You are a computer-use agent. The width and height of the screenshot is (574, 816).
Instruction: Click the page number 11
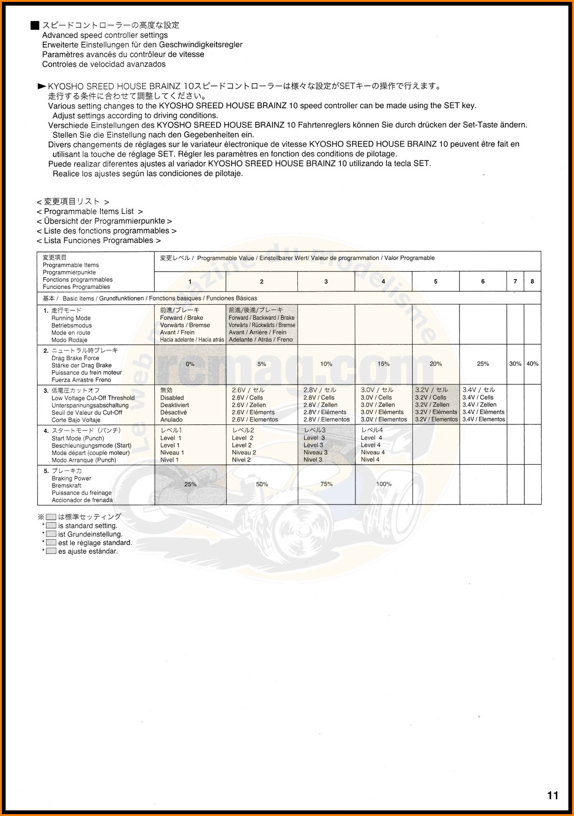(x=552, y=795)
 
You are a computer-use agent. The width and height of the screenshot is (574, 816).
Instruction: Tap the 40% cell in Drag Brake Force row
(x=532, y=364)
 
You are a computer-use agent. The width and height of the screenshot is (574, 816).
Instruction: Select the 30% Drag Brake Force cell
(x=515, y=364)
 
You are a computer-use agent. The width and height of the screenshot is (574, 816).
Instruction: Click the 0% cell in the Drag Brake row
(x=190, y=364)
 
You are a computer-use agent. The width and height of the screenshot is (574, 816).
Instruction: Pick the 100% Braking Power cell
(x=384, y=484)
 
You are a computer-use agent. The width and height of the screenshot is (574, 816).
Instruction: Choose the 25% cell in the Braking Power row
(x=190, y=484)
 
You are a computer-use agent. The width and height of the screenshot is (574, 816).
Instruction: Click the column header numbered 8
(x=532, y=281)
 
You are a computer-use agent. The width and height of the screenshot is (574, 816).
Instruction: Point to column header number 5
(x=436, y=281)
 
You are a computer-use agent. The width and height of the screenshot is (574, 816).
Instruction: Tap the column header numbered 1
(x=190, y=281)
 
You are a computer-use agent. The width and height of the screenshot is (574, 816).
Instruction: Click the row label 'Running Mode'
(x=71, y=318)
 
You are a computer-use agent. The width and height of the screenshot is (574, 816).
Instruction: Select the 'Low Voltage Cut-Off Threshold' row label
(x=93, y=398)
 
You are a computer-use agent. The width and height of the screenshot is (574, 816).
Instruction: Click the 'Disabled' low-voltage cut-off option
(x=172, y=398)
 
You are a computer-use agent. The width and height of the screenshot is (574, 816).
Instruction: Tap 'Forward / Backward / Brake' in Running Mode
(x=262, y=317)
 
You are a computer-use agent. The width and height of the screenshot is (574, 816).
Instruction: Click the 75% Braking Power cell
(x=326, y=484)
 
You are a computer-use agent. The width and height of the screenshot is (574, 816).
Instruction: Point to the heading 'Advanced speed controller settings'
(x=105, y=35)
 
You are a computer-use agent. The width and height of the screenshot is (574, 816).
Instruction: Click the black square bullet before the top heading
(x=35, y=25)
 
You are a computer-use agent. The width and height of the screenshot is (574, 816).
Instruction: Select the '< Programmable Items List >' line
(x=90, y=212)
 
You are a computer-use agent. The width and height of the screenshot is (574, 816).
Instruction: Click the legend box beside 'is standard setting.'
(x=51, y=526)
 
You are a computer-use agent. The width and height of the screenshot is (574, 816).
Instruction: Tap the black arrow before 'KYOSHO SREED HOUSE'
(x=42, y=86)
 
